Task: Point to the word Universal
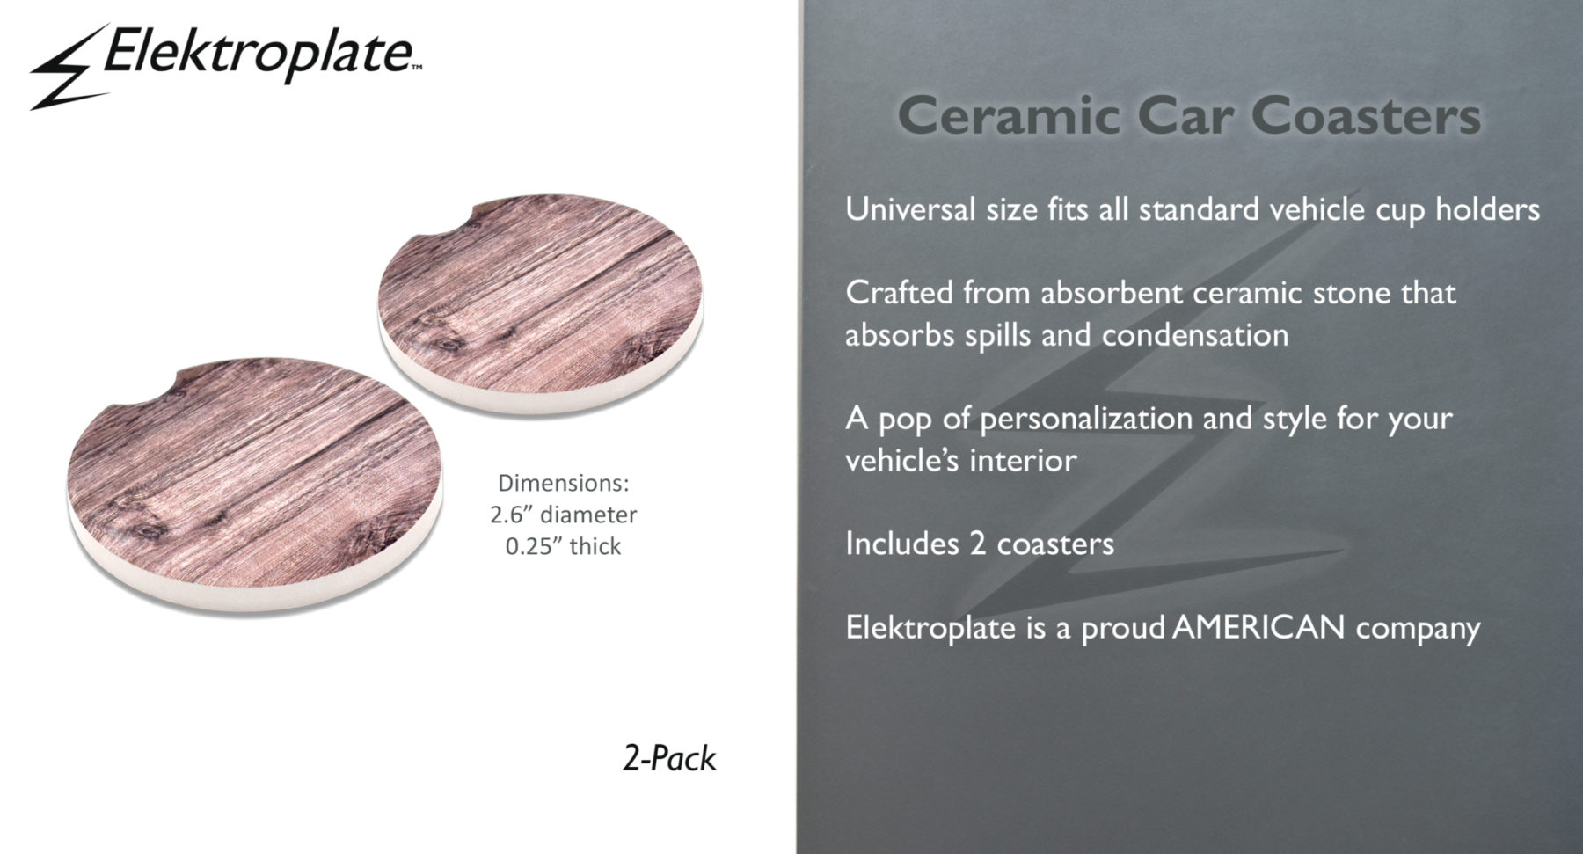coord(910,209)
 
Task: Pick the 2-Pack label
coord(669,759)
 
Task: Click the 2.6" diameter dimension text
coord(563,515)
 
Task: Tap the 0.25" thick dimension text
coord(563,546)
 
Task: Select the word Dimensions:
coord(564,483)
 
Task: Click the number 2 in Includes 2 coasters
coord(977,544)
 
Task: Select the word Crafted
coord(900,293)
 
